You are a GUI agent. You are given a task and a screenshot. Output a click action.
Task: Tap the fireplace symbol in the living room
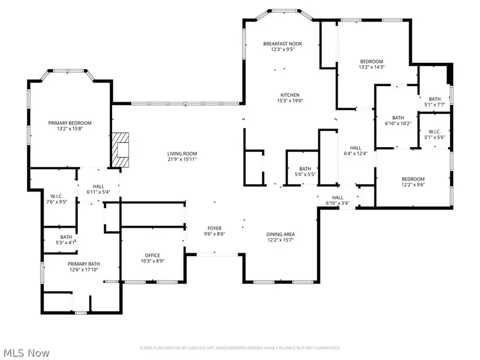[123, 150]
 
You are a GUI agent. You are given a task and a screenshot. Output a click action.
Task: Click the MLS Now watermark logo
[27, 353]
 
